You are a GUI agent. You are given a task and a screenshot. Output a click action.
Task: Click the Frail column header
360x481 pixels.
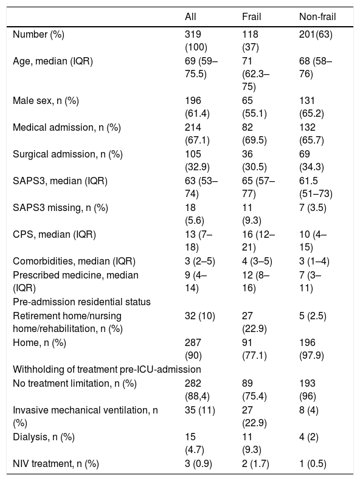251,16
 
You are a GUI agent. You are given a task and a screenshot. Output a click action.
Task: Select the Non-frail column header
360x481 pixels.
317,16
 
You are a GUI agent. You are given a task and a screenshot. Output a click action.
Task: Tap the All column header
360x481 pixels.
190,16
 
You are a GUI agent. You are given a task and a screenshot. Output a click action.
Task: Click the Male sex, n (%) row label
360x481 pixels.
46,100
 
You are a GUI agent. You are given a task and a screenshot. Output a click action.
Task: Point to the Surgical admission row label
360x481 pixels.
67,154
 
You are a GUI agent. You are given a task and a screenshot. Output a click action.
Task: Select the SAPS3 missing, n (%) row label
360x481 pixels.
60,208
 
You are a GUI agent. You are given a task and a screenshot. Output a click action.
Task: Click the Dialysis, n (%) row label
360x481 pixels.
44,437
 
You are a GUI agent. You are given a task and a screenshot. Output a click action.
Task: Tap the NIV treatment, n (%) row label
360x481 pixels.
56,463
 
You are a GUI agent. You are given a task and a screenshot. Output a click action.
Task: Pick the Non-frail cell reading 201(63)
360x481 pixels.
316,34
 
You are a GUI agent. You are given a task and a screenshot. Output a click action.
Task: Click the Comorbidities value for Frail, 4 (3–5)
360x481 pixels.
257,261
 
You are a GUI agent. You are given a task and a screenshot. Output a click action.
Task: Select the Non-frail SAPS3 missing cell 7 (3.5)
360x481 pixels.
313,208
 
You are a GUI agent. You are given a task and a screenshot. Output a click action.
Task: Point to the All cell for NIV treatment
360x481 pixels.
198,463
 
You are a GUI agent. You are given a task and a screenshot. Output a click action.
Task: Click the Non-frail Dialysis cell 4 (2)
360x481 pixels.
309,437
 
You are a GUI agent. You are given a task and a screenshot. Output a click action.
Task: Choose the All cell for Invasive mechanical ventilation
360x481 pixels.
200,410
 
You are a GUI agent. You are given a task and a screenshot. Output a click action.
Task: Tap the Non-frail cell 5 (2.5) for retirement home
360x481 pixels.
313,316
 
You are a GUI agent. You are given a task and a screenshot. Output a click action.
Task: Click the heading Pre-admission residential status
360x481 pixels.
81,302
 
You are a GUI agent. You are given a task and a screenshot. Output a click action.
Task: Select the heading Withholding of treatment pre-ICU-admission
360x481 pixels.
106,369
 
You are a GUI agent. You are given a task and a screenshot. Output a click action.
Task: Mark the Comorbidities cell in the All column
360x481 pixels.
200,261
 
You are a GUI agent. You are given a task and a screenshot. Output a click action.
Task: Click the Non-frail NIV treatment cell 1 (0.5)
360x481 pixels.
313,463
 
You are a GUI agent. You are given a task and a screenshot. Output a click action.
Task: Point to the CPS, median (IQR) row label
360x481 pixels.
54,235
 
